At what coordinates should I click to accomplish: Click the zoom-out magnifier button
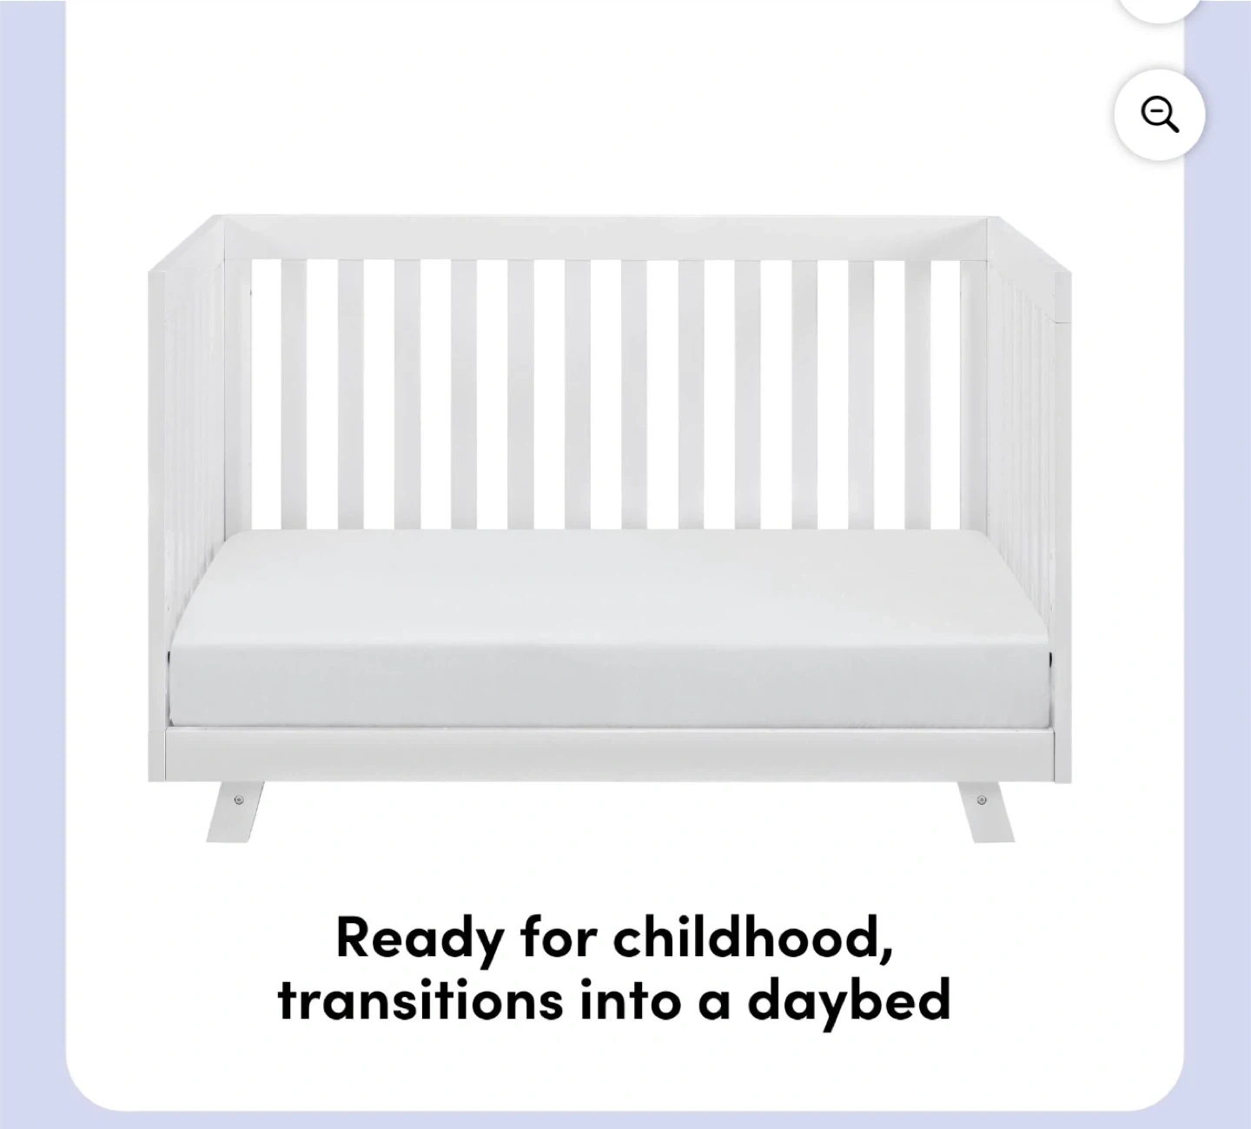(1159, 116)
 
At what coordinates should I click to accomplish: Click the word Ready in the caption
(420, 939)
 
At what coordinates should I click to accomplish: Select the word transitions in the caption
(420, 999)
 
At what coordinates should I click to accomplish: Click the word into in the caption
(630, 999)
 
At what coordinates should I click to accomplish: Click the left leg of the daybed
(235, 811)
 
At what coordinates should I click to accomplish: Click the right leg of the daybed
(985, 811)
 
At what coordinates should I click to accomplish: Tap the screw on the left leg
(239, 800)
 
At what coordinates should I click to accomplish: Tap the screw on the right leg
(982, 800)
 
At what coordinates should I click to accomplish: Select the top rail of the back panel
(605, 238)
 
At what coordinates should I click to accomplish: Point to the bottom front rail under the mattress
(610, 754)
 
